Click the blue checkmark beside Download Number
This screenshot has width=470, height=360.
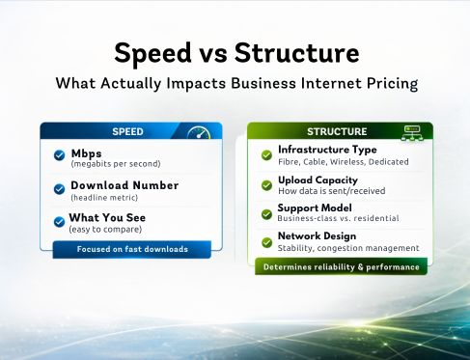[x=58, y=190]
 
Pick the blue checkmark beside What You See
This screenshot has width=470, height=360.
[x=58, y=222]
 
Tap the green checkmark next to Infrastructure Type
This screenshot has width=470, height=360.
[x=266, y=154]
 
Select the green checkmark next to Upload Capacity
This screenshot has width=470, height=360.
[x=266, y=184]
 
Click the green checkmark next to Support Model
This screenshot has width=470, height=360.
[x=266, y=213]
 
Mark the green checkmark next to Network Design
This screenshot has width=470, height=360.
[x=266, y=242]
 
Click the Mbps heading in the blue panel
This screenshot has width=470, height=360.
[x=86, y=152]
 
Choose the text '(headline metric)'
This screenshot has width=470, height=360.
[x=104, y=197]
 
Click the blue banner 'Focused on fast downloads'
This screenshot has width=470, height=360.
[x=132, y=249]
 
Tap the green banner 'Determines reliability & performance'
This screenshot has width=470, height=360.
[x=341, y=266]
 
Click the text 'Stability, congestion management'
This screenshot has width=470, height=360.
[x=347, y=248]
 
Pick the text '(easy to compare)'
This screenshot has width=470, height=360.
[x=105, y=229]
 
